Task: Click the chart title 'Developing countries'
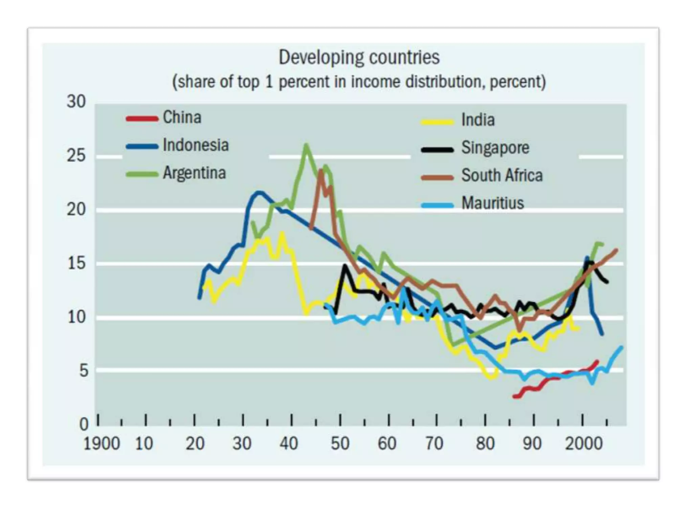[359, 57]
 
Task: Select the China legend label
[182, 117]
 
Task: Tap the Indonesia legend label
[196, 145]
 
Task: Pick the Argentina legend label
[194, 173]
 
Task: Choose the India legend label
[478, 120]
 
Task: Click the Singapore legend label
[495, 148]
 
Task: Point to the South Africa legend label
[502, 175]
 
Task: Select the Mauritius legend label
[493, 203]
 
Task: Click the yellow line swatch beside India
[437, 122]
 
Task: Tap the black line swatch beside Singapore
[437, 150]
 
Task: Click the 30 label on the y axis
[76, 102]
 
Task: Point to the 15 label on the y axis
[76, 263]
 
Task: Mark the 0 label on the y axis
[84, 424]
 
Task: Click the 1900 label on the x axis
[102, 443]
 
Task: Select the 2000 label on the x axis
[584, 443]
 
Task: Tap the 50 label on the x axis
[340, 443]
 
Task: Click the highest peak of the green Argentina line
[306, 145]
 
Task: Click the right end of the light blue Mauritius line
[621, 347]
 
